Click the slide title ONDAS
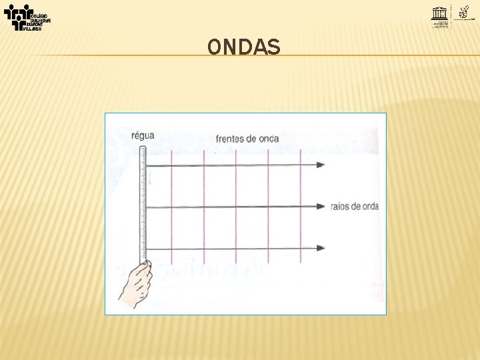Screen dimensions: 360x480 [244, 47]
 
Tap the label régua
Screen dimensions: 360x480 [143, 135]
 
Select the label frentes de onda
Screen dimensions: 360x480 [247, 139]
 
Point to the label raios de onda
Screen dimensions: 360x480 [354, 207]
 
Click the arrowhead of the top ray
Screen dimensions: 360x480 [321, 165]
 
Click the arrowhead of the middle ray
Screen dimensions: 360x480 [321, 207]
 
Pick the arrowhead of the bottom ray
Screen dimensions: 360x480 [321, 248]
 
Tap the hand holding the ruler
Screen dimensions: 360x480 [135, 283]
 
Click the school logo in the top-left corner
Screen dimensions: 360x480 [27, 17]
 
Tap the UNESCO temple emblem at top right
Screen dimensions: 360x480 [441, 14]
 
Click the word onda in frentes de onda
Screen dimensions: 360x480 [269, 139]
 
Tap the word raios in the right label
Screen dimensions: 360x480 [340, 207]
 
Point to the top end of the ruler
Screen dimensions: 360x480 [142, 147]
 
